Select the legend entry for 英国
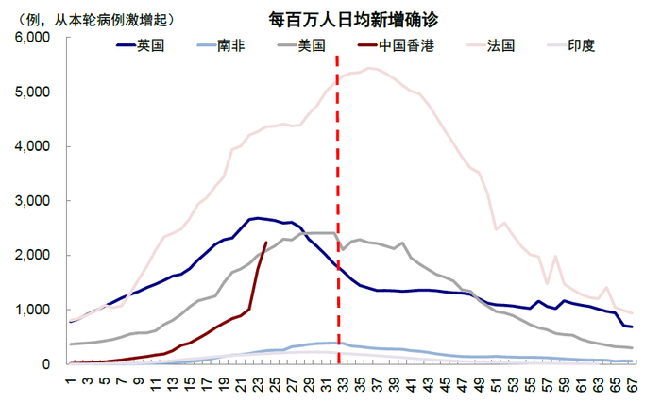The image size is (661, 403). pos(150,45)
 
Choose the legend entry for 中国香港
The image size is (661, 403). pos(406,45)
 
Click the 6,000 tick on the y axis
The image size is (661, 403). pos(31,38)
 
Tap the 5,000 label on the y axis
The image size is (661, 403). pos(31,92)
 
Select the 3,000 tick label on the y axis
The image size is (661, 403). pos(31,201)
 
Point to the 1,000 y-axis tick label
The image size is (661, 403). pos(31,310)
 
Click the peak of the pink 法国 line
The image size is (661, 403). pos(372,68)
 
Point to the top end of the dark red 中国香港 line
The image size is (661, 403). pos(266,243)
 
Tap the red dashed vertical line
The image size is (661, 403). pos(338,208)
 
